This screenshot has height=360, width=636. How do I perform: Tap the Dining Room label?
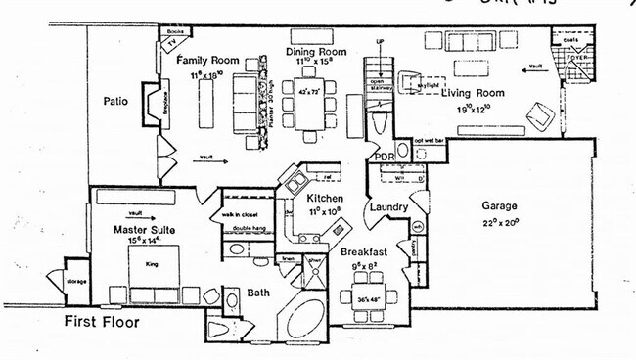[x=316, y=51]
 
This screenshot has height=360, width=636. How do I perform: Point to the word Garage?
[x=499, y=206]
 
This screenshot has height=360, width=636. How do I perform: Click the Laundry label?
[x=388, y=207]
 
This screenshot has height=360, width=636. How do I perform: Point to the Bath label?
[x=258, y=292]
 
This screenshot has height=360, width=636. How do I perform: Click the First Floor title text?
[x=103, y=321]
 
